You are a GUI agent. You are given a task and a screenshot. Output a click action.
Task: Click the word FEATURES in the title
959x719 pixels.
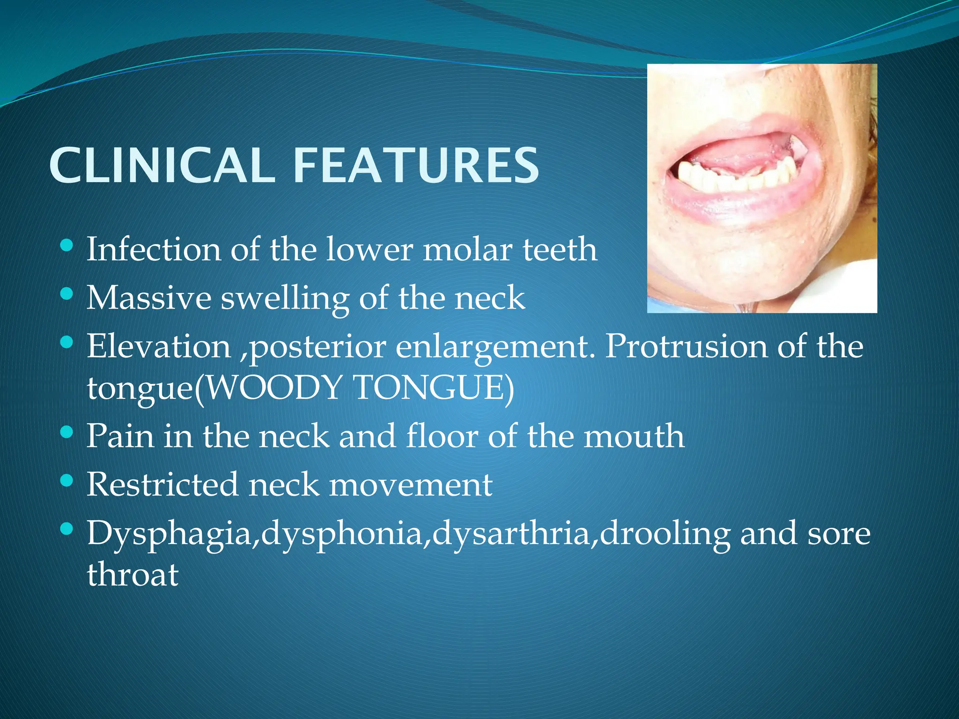point(416,165)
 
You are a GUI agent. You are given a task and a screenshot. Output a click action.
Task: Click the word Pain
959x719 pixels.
point(120,436)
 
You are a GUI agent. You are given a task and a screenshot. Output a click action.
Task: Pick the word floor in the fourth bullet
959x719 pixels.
point(442,436)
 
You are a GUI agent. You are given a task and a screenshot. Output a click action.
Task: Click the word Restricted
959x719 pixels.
point(162,484)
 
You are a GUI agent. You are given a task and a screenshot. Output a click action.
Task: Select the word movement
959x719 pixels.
point(411,485)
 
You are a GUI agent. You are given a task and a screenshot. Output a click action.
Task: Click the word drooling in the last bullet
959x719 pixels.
point(664,535)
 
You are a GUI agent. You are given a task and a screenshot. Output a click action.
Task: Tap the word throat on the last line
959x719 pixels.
point(133,574)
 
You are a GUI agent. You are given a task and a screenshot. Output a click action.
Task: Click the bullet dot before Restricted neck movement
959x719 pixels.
point(67,481)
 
